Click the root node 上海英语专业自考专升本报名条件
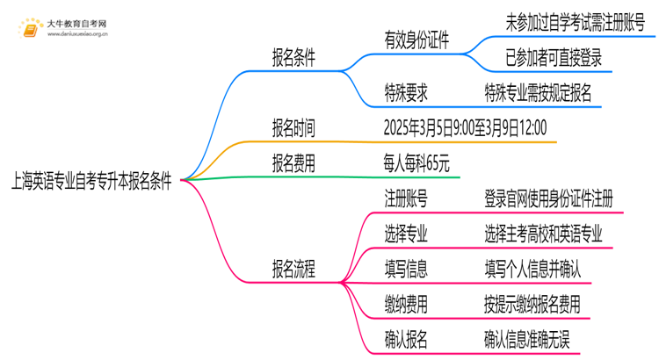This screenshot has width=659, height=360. pyautogui.click(x=91, y=181)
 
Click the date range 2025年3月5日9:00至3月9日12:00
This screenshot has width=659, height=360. pyautogui.click(x=465, y=128)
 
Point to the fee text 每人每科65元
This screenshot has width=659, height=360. pyautogui.click(x=416, y=163)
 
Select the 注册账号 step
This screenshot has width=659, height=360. pyautogui.click(x=406, y=198)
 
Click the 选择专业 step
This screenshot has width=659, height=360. pyautogui.click(x=406, y=234)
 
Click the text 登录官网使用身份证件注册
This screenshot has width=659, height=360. pyautogui.click(x=548, y=198)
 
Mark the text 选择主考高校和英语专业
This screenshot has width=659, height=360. pyautogui.click(x=543, y=234)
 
